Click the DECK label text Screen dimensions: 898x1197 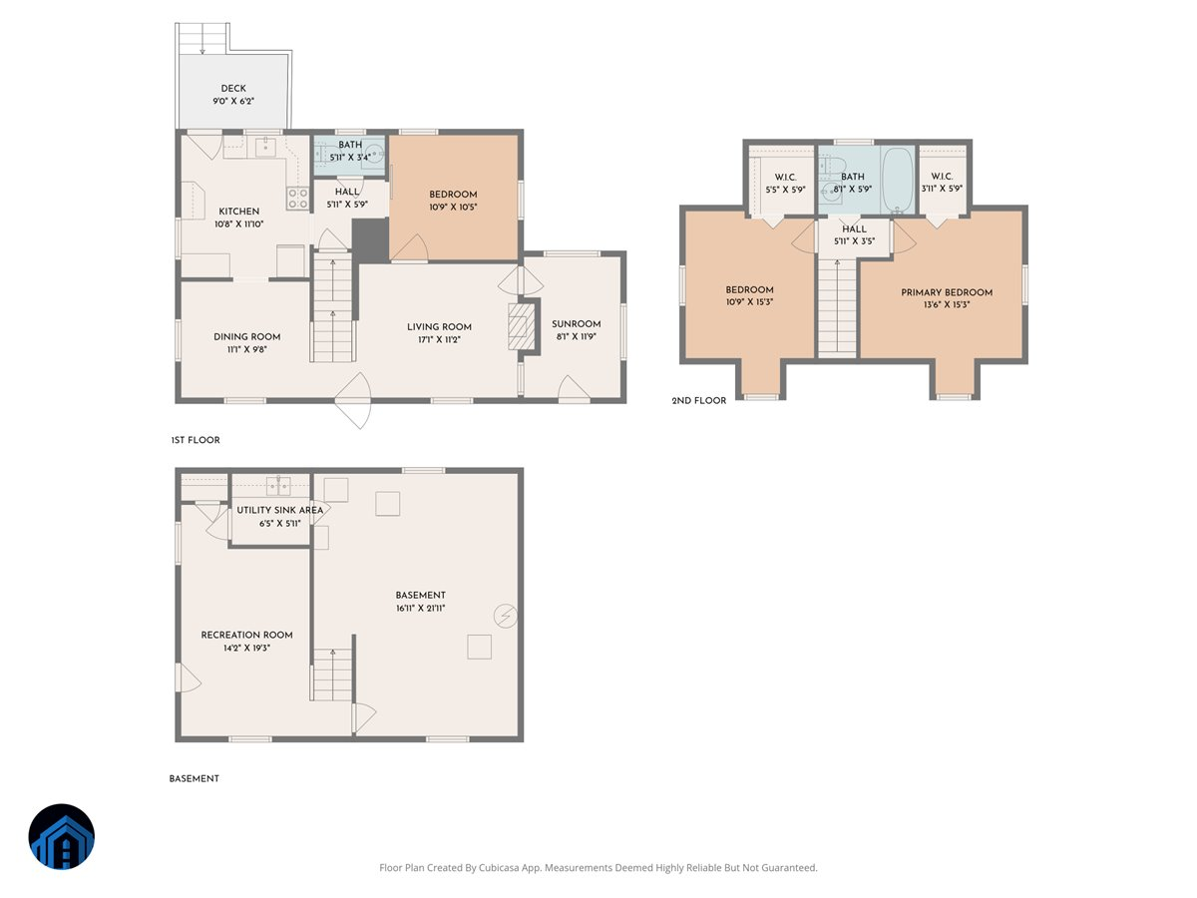(233, 88)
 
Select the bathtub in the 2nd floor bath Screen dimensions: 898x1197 (897, 180)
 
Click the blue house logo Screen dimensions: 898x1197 (62, 836)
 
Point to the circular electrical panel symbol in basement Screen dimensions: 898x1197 (506, 616)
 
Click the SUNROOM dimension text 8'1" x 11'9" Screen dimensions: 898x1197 (577, 336)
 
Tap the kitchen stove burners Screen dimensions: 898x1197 (297, 198)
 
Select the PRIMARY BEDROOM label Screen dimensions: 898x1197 (947, 292)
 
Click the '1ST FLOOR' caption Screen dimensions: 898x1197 (195, 440)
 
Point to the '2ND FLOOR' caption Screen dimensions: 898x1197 (699, 400)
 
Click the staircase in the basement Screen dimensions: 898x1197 (333, 673)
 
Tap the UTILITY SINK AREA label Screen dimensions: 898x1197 (279, 510)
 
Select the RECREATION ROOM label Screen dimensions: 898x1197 (246, 635)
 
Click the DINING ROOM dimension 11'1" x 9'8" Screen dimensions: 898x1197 (246, 350)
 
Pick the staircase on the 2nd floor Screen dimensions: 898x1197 (837, 304)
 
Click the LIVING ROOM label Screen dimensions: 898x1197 (439, 326)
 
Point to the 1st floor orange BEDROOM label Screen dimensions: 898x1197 (453, 195)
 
